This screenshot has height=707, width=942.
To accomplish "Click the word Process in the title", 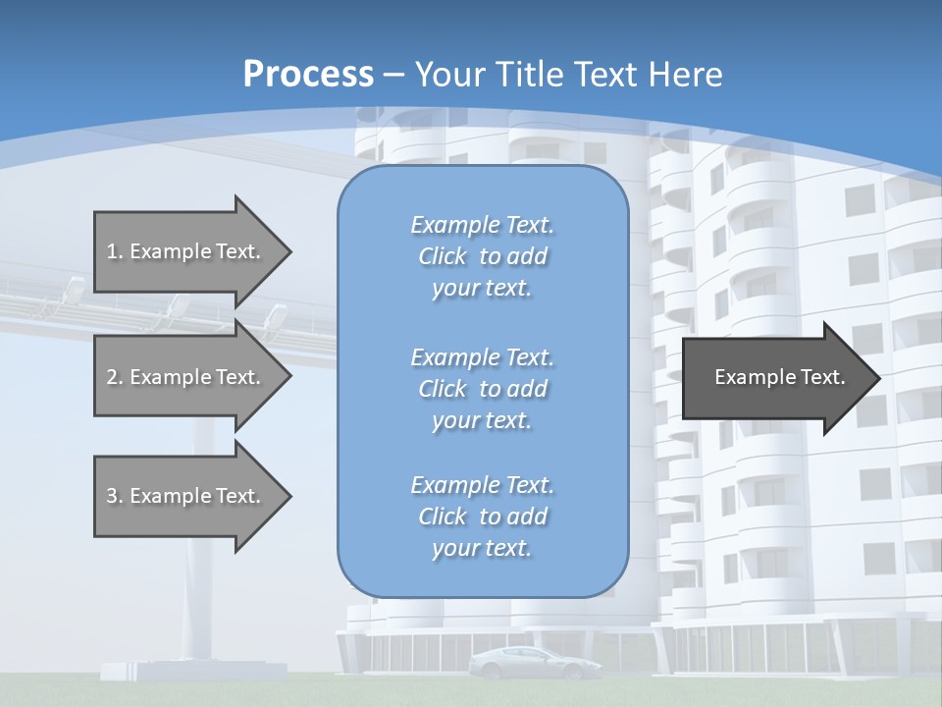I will (308, 75).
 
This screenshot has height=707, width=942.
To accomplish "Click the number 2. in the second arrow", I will (114, 377).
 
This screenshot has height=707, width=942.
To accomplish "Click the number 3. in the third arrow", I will (114, 496).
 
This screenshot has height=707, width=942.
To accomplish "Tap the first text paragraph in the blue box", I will (482, 256).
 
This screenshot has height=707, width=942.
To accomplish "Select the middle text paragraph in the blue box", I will (482, 389).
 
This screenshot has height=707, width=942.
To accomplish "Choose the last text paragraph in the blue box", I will (482, 517).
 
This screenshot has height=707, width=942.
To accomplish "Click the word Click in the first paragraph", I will (443, 256).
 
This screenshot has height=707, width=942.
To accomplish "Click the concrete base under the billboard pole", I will (196, 671).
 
